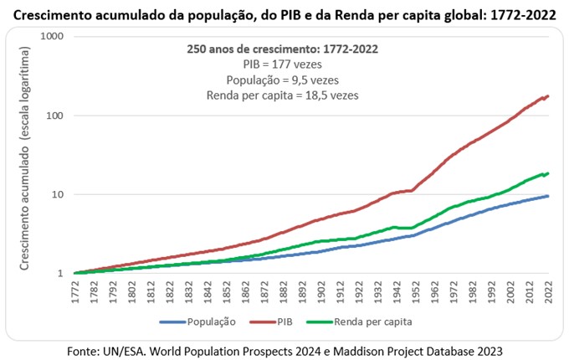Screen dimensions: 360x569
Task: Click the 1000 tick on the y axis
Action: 51,37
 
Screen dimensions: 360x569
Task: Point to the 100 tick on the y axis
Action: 54,116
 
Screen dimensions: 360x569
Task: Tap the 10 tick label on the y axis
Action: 57,194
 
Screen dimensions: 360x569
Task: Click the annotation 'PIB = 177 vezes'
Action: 282,64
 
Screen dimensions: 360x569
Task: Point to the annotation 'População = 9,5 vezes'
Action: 282,80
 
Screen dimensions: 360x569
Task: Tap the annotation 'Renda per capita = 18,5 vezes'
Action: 282,95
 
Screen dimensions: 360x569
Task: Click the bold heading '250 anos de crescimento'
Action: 282,49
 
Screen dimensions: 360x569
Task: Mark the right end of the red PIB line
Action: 548,96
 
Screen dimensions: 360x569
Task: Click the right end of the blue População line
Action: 548,196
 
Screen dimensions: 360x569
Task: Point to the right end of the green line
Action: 548,173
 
